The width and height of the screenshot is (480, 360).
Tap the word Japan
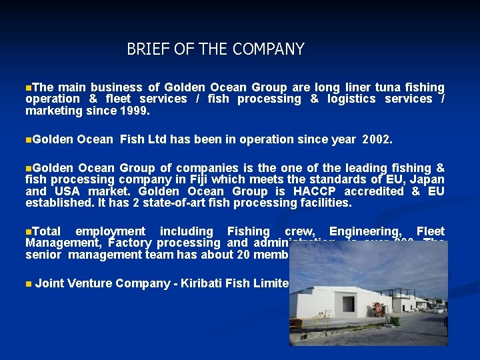pos(427,180)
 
